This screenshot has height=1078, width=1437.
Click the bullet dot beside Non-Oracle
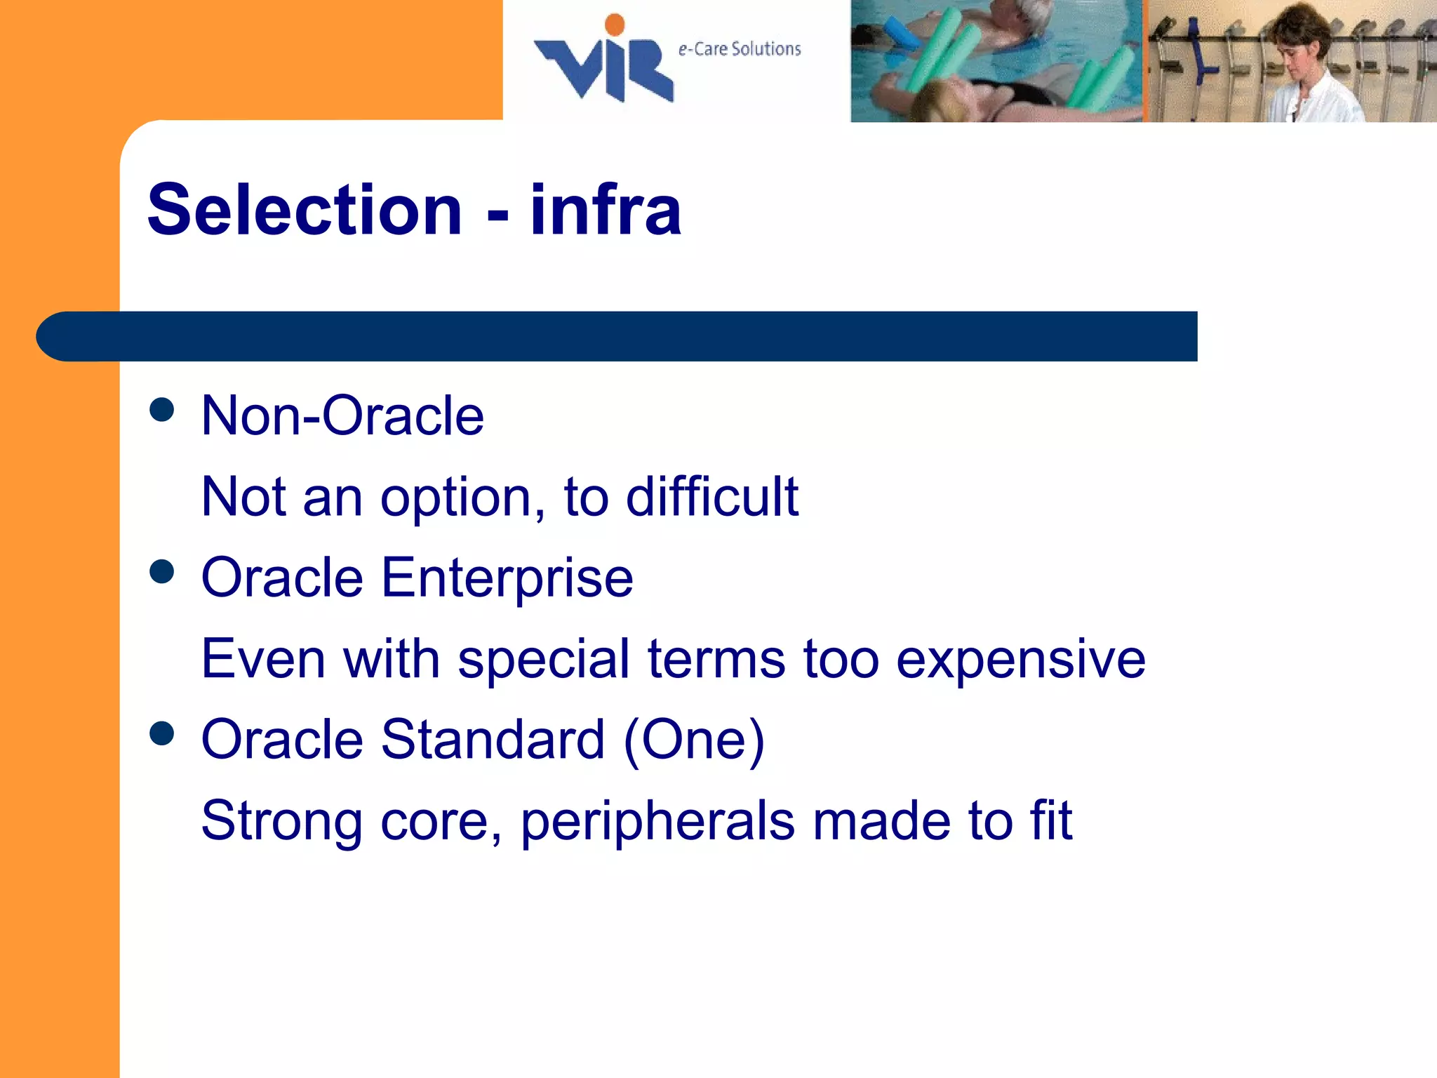(x=162, y=410)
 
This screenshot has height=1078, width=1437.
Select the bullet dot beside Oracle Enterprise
(x=162, y=571)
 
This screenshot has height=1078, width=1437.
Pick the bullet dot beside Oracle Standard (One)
(x=162, y=733)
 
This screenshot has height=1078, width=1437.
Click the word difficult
(x=711, y=497)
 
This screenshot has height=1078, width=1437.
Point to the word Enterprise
(x=507, y=578)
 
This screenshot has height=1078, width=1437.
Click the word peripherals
(x=657, y=821)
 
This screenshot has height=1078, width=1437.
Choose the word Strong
(x=281, y=821)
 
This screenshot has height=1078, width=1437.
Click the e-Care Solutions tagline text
(x=739, y=49)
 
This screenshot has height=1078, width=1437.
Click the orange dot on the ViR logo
(x=615, y=25)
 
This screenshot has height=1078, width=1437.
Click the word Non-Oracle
(x=342, y=416)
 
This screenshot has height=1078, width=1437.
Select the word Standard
(x=493, y=740)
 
